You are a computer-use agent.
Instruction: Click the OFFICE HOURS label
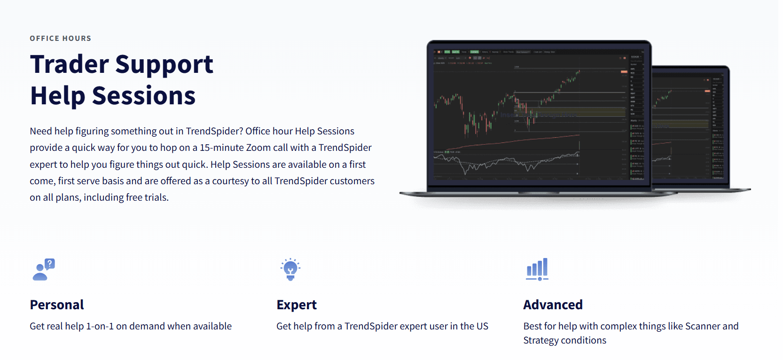point(60,39)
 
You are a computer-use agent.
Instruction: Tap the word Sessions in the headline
point(143,96)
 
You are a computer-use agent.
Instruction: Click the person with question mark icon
point(44,269)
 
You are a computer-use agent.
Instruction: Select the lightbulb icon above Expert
point(290,269)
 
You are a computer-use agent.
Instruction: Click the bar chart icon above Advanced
point(537,269)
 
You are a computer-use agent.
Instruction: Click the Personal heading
point(57,305)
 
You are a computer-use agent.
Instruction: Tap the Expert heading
point(297,305)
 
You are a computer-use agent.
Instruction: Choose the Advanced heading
point(553,305)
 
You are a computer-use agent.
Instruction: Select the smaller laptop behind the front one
point(691,127)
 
